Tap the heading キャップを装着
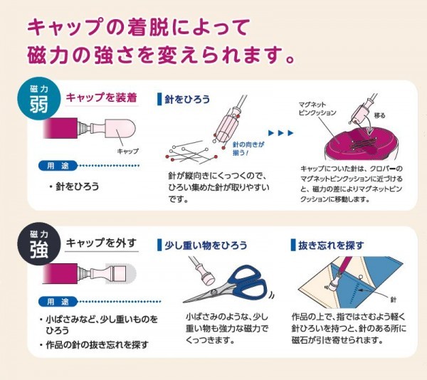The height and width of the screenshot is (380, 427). pos(101,97)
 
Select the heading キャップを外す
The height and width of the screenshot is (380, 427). pos(101,243)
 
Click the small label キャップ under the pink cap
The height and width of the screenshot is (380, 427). pos(127,151)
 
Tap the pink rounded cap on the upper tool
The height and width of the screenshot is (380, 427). pos(121,130)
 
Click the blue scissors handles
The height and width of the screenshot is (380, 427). pos(246,283)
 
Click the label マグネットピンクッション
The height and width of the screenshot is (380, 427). pos(317,109)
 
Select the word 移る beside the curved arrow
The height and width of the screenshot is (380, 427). pos(379,115)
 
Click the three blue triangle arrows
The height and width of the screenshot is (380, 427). pos(281,133)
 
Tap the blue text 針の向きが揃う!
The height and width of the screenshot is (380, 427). pos(248,149)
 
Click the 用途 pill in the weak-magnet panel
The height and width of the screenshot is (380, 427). pos(58,166)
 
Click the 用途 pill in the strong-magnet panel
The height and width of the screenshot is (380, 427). pos(58,302)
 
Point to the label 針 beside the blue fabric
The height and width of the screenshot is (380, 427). pos(394,300)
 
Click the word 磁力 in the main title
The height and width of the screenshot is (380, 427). pos(48,56)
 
